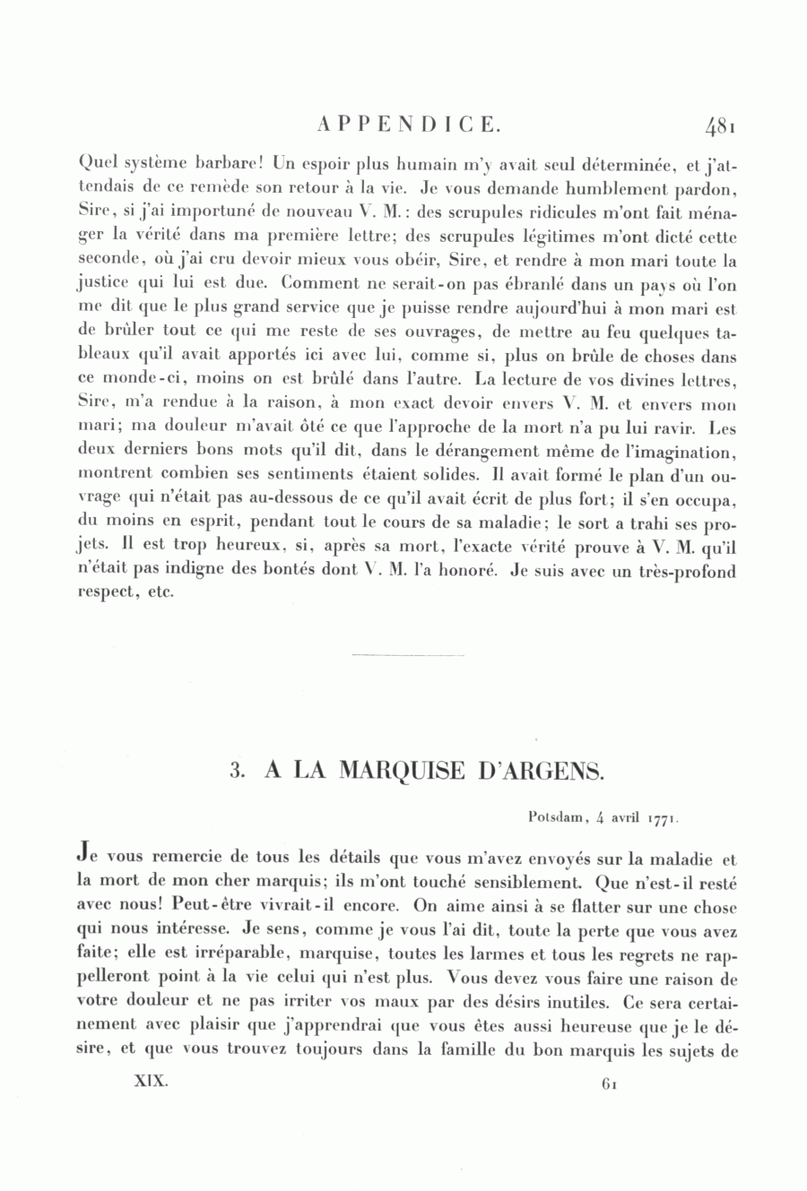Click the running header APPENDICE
tap(408, 125)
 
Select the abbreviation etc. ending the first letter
tap(161, 594)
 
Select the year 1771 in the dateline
tap(661, 817)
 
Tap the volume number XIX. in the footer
tap(150, 1082)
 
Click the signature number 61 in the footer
tap(611, 1083)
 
